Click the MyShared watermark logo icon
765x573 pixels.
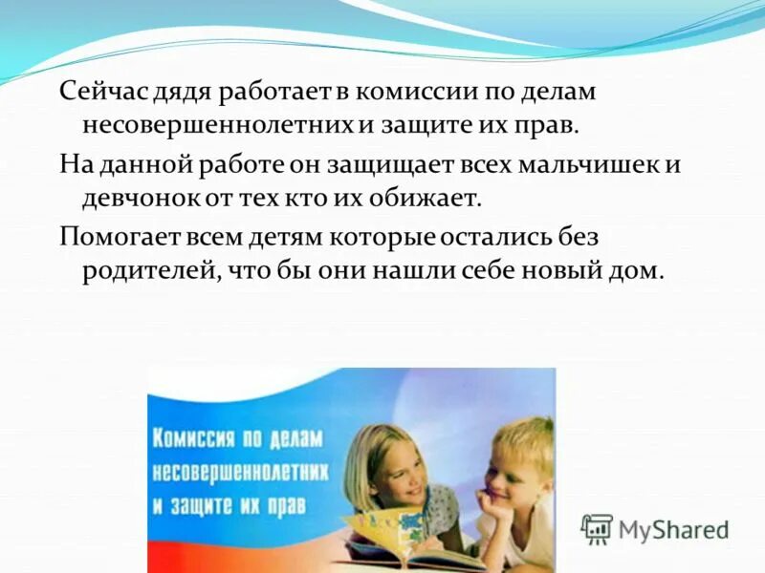(x=597, y=528)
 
